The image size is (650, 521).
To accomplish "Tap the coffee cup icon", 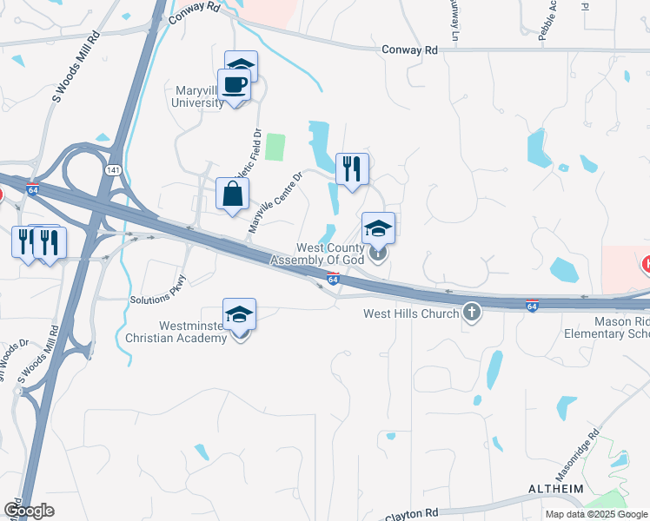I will click(235, 85).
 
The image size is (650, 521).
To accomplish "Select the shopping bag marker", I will click(233, 194).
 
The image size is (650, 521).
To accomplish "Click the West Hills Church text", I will click(410, 313).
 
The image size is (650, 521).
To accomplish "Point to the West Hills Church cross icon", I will click(472, 312).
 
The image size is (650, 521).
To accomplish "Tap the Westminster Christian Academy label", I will click(175, 333).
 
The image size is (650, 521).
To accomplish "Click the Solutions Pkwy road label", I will click(158, 291).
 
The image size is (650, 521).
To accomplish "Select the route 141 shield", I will click(114, 170).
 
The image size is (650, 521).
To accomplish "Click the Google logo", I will click(29, 510).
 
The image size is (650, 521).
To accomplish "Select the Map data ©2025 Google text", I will click(596, 514).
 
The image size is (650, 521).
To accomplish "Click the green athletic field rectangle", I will click(275, 147).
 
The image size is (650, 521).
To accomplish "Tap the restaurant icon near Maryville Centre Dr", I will click(352, 168).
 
